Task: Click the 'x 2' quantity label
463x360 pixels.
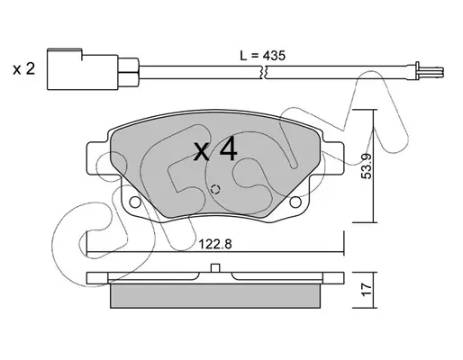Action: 24,69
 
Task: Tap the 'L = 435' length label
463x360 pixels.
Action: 262,56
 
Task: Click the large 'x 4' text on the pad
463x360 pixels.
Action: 215,151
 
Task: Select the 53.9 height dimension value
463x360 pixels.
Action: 367,166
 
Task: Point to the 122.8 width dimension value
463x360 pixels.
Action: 215,244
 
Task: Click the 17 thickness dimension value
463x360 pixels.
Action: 367,290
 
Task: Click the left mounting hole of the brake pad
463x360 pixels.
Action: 135,202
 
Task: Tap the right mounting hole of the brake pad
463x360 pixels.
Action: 295,202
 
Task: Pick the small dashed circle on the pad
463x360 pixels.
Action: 215,189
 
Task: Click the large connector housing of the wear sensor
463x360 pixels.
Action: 82,69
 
